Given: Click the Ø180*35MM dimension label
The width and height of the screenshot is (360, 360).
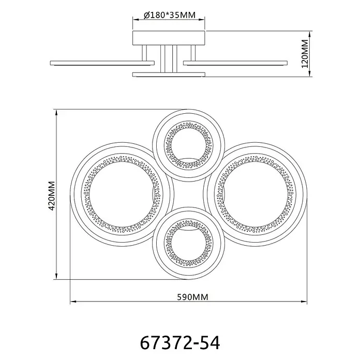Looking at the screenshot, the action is coord(170,15).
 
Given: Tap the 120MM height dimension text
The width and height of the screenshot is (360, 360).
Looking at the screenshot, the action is coord(305,54).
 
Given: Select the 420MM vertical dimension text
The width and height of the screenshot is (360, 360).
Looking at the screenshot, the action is coord(52,196).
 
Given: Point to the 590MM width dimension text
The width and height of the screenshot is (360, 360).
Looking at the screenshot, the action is coord(192,297).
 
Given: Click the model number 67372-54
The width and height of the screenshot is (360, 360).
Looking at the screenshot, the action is coord(180,343).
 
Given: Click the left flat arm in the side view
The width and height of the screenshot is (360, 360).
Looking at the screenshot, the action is coord(102,63).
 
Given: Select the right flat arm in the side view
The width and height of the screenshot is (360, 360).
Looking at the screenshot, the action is coord(235,63).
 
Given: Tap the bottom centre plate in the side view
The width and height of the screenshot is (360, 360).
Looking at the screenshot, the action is coord(169,74).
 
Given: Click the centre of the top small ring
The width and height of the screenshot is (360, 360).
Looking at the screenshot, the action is coord(188,145).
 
